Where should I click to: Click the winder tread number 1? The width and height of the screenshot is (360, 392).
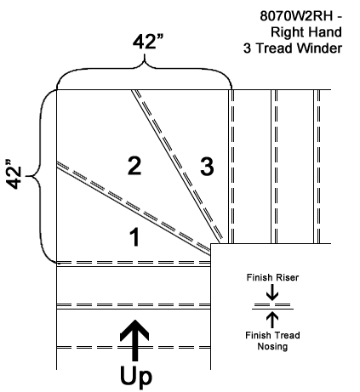click(x=134, y=237)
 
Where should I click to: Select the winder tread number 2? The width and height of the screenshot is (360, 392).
click(x=134, y=166)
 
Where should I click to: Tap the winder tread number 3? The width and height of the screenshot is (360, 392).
click(x=207, y=167)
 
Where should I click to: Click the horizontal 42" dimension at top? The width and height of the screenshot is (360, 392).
click(x=148, y=42)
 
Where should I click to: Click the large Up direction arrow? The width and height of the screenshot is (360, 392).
click(x=134, y=340)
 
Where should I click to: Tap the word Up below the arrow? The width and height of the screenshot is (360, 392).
click(x=136, y=377)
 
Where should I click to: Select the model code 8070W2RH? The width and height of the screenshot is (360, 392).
click(x=296, y=16)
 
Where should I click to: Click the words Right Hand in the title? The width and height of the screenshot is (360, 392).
click(x=306, y=32)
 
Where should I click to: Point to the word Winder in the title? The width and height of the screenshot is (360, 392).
click(x=319, y=48)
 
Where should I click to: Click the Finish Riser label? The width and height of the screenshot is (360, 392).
click(x=272, y=277)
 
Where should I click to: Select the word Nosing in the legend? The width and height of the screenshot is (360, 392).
click(x=272, y=346)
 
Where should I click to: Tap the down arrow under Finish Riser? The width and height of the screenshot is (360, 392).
click(x=272, y=293)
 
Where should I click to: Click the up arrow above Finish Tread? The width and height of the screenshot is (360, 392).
click(x=272, y=320)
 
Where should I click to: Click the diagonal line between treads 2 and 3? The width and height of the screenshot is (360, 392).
click(x=175, y=167)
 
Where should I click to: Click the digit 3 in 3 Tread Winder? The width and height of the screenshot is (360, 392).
click(x=247, y=48)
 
